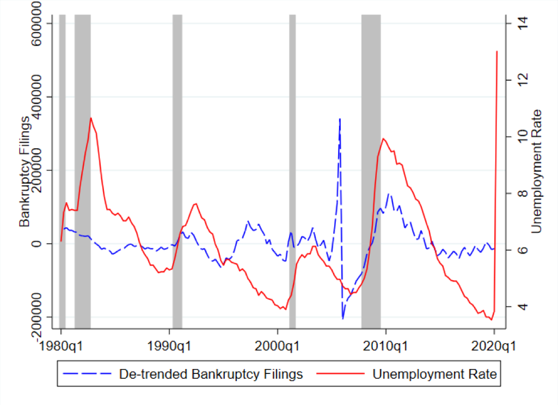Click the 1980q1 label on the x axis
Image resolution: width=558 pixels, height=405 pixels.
tap(61, 345)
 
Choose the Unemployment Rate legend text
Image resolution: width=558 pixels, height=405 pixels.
tap(433, 374)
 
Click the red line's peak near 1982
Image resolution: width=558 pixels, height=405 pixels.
tap(91, 118)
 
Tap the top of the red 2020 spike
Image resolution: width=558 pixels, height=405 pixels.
tap(497, 51)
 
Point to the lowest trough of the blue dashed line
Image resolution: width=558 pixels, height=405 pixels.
tap(343, 318)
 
